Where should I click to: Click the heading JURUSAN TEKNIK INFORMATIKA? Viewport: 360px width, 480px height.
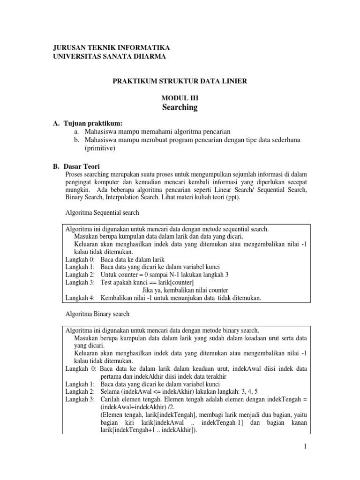pyautogui.click(x=111, y=48)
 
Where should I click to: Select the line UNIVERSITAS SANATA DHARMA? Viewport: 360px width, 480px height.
pyautogui.click(x=108, y=56)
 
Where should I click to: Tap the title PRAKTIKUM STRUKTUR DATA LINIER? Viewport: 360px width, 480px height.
pyautogui.click(x=180, y=81)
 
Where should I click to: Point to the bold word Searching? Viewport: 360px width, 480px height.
pyautogui.click(x=180, y=107)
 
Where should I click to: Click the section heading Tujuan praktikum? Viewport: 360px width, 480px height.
pyautogui.click(x=91, y=123)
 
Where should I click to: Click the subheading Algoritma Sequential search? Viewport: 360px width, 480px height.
pyautogui.click(x=101, y=212)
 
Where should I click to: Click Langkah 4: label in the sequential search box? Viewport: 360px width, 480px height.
pyautogui.click(x=80, y=298)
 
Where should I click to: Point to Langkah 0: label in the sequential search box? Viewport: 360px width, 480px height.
pyautogui.click(x=80, y=259)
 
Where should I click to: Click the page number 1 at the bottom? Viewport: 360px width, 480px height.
pyautogui.click(x=305, y=447)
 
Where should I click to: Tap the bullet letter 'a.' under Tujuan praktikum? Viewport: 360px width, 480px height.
pyautogui.click(x=76, y=132)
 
